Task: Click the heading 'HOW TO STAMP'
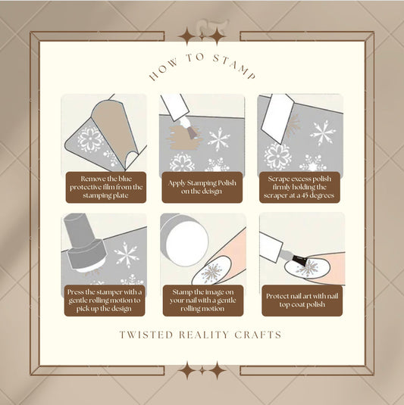point(202,71)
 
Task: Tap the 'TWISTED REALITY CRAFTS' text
point(202,335)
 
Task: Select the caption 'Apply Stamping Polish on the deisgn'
point(202,187)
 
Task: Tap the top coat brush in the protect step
point(300,257)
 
